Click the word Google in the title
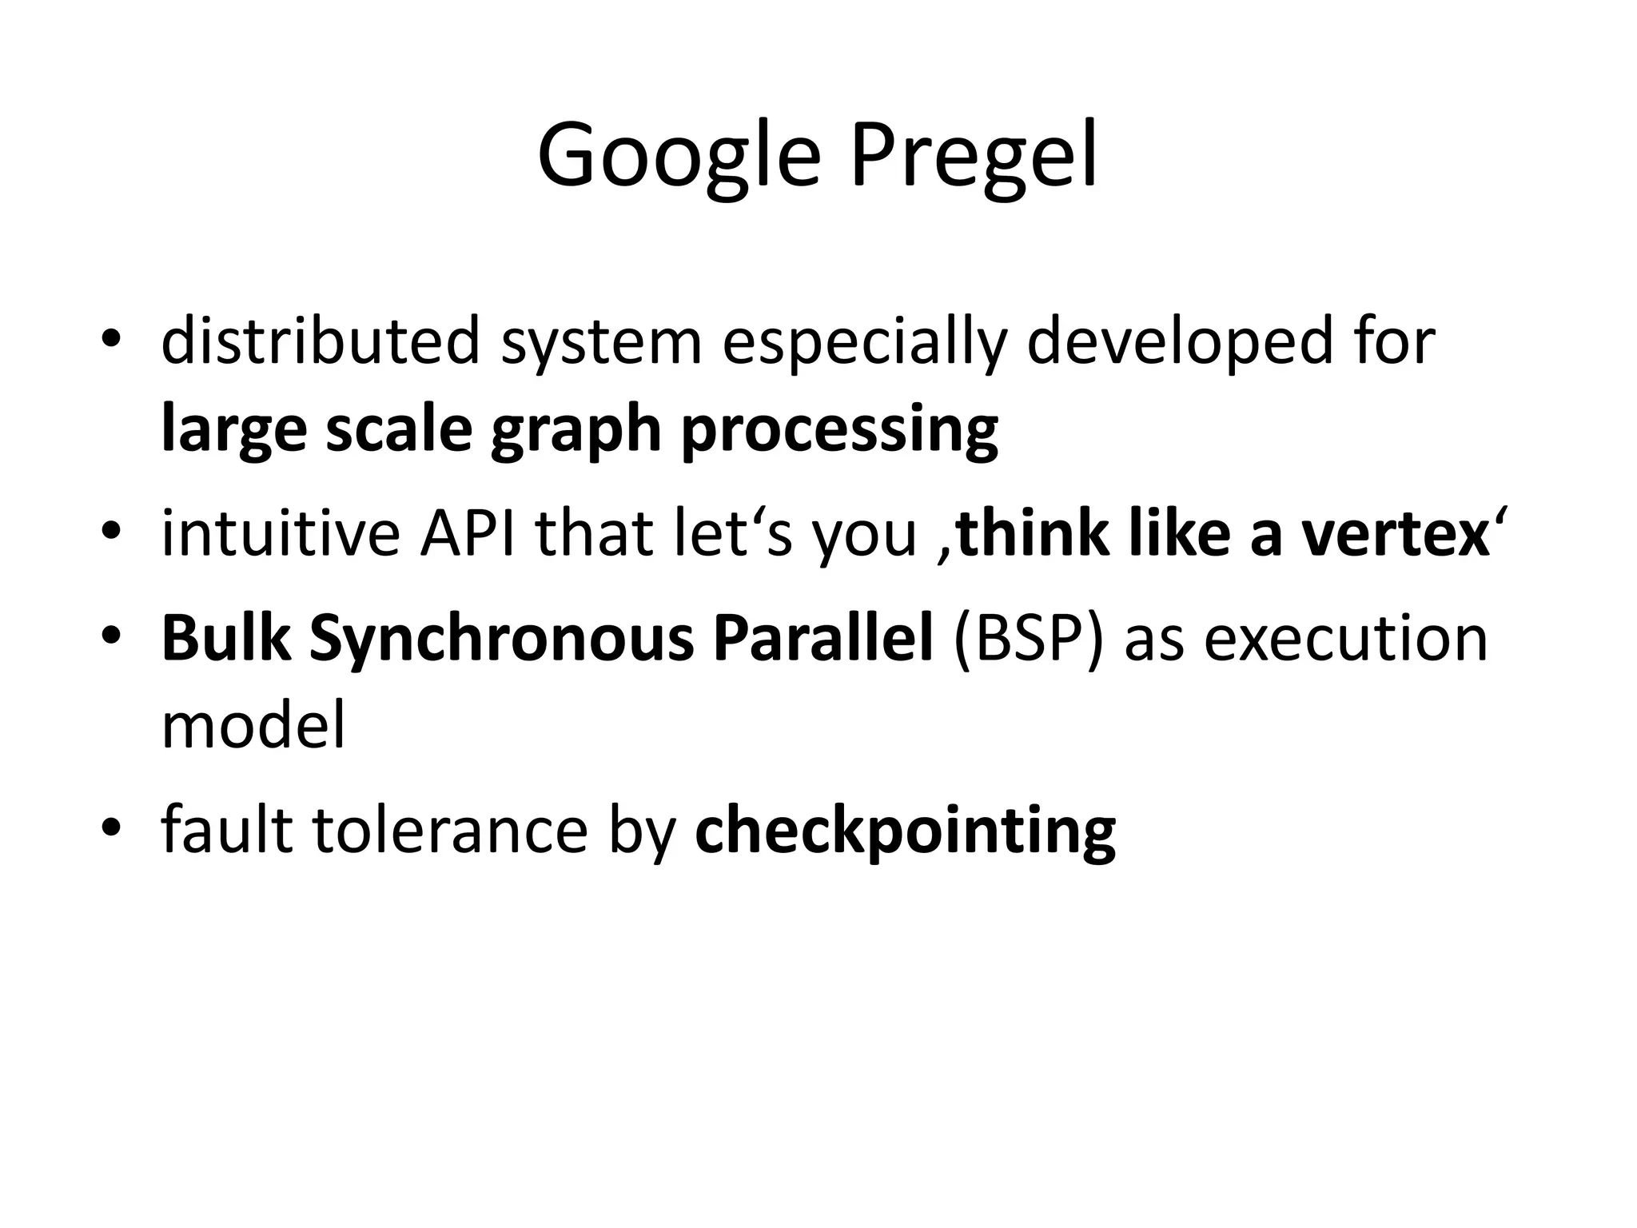coord(679,156)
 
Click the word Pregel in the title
coord(973,156)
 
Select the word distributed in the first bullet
coord(320,341)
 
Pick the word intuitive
coord(280,534)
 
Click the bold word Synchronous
coord(502,640)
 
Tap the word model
coord(253,724)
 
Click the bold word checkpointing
coord(905,831)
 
